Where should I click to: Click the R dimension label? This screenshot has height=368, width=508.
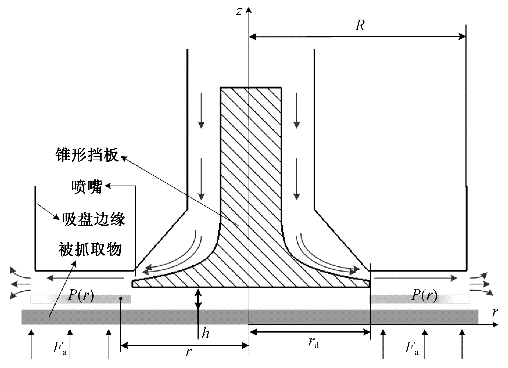pyautogui.click(x=360, y=26)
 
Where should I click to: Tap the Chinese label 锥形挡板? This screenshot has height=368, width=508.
pyautogui.click(x=87, y=155)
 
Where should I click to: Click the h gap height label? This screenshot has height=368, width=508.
pyautogui.click(x=205, y=334)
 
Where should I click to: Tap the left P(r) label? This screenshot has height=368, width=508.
pyautogui.click(x=81, y=295)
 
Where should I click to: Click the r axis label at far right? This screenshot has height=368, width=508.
pyautogui.click(x=495, y=312)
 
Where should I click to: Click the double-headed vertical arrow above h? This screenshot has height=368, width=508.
pyautogui.click(x=198, y=298)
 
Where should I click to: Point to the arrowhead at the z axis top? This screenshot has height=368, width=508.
pyautogui.click(x=249, y=10)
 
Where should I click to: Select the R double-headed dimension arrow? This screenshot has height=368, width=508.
pyautogui.click(x=357, y=37)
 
